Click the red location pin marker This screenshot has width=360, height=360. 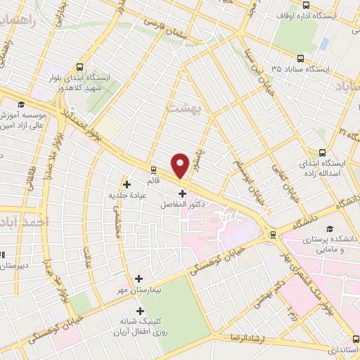180,165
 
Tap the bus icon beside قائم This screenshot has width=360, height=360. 154,169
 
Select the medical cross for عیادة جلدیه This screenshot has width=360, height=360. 127,184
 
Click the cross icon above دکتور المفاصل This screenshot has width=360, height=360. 183,193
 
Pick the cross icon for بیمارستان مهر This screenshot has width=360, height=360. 139,279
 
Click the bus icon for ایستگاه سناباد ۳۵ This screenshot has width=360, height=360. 300,59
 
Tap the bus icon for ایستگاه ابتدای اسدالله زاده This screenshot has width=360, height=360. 323,151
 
